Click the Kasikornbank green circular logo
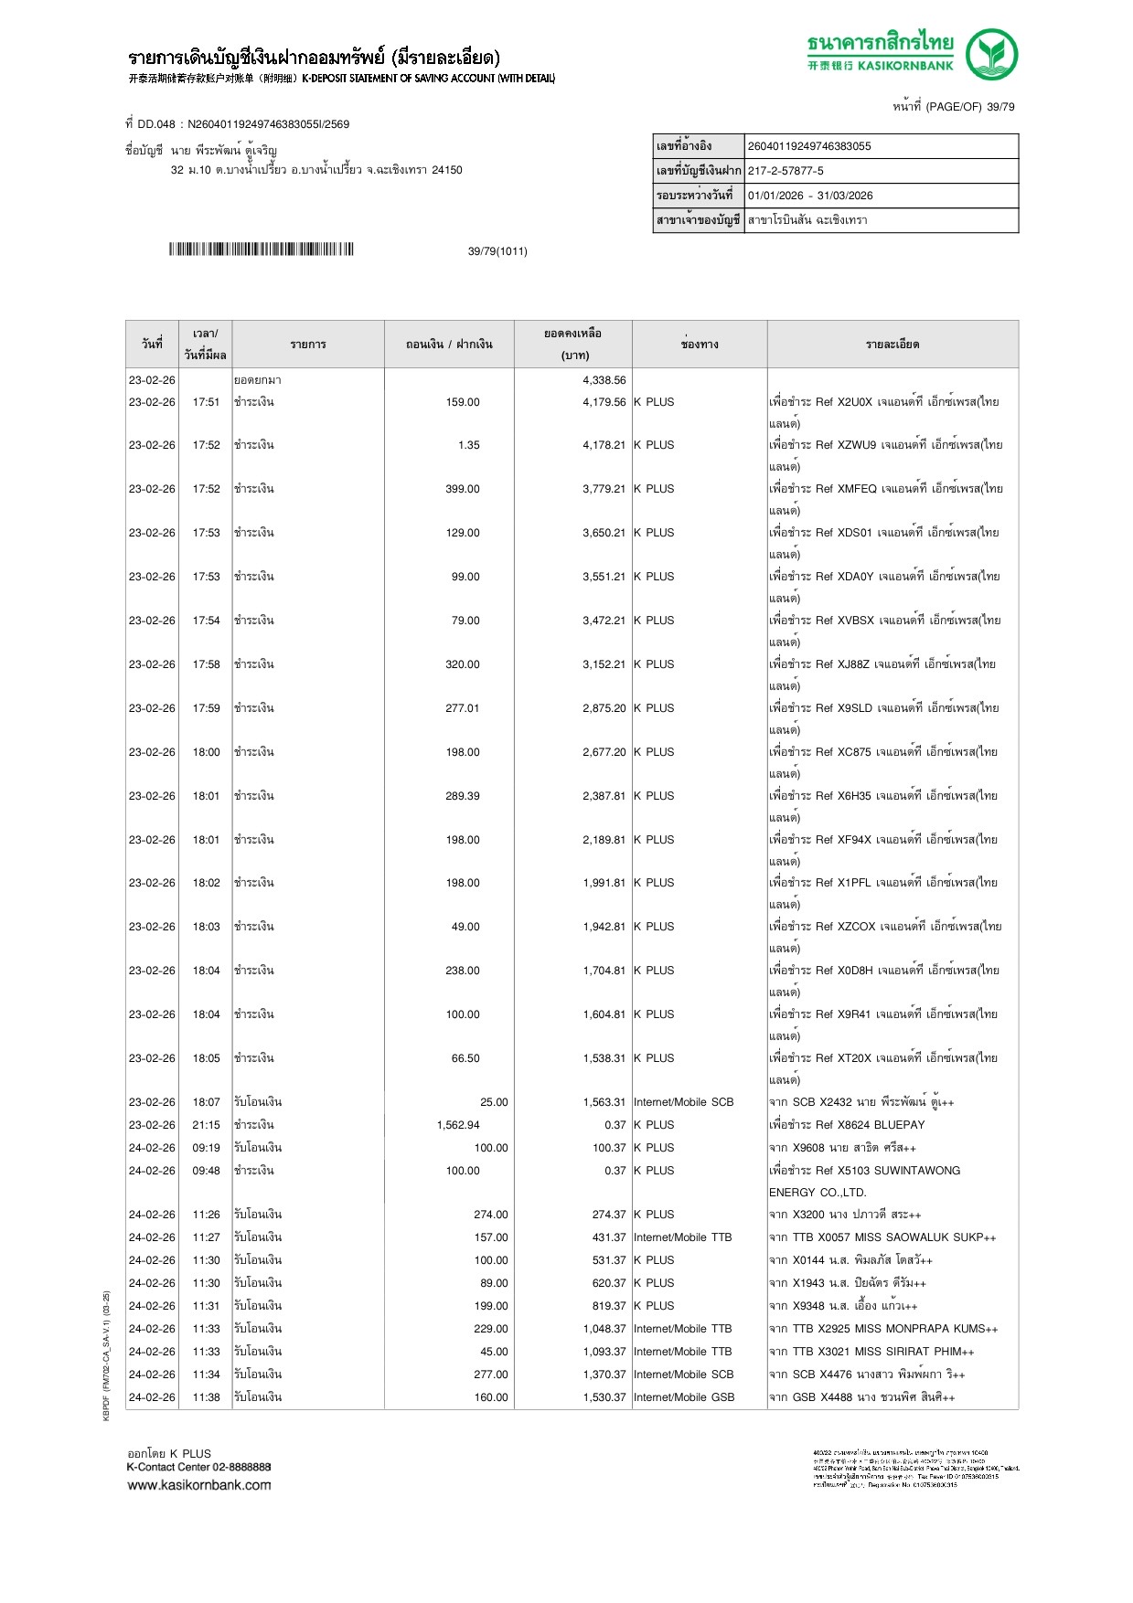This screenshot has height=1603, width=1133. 991,54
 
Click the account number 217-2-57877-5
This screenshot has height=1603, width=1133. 786,171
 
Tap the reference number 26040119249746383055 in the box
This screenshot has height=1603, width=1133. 809,146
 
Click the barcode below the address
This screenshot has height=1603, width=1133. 261,249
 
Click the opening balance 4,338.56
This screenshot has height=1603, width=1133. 604,380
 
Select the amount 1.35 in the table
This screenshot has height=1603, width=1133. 468,445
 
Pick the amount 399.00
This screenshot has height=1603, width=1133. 462,489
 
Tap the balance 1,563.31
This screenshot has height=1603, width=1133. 604,1102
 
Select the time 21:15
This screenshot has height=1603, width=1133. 206,1125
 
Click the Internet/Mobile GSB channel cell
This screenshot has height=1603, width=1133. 684,1397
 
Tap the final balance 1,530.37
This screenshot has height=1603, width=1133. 604,1397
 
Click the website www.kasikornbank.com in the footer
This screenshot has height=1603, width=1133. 199,1485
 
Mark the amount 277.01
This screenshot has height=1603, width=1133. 462,708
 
